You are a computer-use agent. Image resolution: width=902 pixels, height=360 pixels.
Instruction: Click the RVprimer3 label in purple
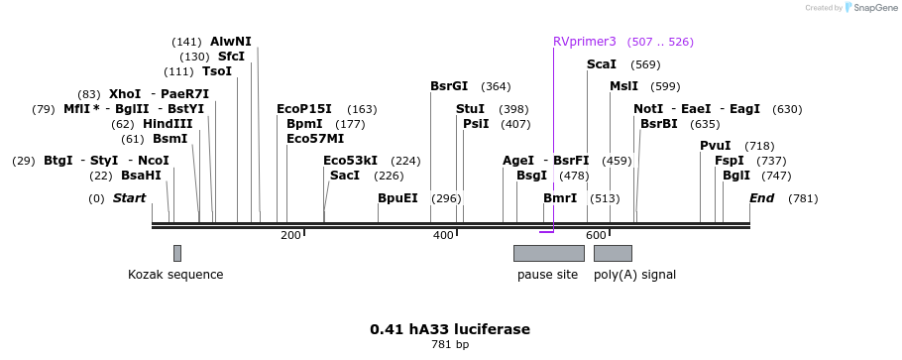click(x=585, y=42)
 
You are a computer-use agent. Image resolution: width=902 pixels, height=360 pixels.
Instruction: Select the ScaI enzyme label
click(x=602, y=64)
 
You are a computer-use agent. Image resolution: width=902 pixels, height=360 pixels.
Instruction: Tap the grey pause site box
click(x=548, y=253)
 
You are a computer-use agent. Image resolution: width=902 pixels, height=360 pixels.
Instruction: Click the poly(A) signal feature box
click(x=613, y=253)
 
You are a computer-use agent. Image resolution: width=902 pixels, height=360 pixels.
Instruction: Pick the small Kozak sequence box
click(x=177, y=253)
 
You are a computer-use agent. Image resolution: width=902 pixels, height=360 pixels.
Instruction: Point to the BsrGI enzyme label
click(x=449, y=86)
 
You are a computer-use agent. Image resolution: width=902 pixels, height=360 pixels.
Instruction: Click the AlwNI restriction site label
click(x=231, y=42)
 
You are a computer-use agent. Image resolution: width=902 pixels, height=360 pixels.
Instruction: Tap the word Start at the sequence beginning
click(x=129, y=198)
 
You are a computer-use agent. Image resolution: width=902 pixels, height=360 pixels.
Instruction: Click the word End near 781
click(x=762, y=198)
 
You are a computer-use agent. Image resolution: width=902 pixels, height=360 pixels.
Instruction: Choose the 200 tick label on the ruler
click(x=290, y=235)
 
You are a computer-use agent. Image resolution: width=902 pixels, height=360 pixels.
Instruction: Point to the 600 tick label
click(x=595, y=235)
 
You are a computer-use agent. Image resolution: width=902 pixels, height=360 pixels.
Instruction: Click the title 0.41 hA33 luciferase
click(x=450, y=329)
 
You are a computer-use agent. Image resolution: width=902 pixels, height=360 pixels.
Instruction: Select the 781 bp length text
click(x=450, y=345)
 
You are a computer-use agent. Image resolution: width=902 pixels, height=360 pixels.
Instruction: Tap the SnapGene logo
click(x=873, y=8)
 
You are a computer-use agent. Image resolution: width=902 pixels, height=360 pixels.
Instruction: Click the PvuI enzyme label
click(x=716, y=146)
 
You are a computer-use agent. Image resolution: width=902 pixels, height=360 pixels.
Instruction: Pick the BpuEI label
click(x=397, y=198)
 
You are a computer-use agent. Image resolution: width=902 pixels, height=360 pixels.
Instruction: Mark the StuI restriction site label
click(x=471, y=109)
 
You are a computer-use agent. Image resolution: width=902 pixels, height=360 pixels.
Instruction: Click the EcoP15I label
click(x=304, y=109)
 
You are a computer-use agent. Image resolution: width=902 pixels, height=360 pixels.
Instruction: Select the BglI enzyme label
click(x=736, y=176)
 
